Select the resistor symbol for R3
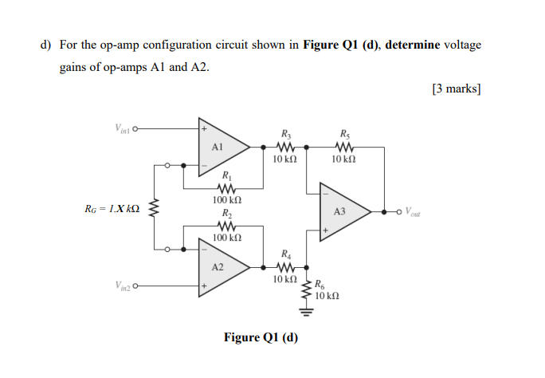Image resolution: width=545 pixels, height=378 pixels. pyautogui.click(x=285, y=146)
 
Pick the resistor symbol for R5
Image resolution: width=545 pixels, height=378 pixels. pyautogui.click(x=344, y=146)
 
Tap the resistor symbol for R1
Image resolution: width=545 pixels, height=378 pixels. pyautogui.click(x=226, y=188)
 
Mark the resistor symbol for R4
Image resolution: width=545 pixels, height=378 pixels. pyautogui.click(x=285, y=267)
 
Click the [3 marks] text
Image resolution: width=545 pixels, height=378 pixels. pyautogui.click(x=456, y=89)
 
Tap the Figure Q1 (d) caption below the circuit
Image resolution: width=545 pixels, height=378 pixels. pyautogui.click(x=261, y=337)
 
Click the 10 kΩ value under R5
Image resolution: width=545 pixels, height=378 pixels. pyautogui.click(x=344, y=159)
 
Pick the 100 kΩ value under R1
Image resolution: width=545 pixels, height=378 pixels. pyautogui.click(x=226, y=201)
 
